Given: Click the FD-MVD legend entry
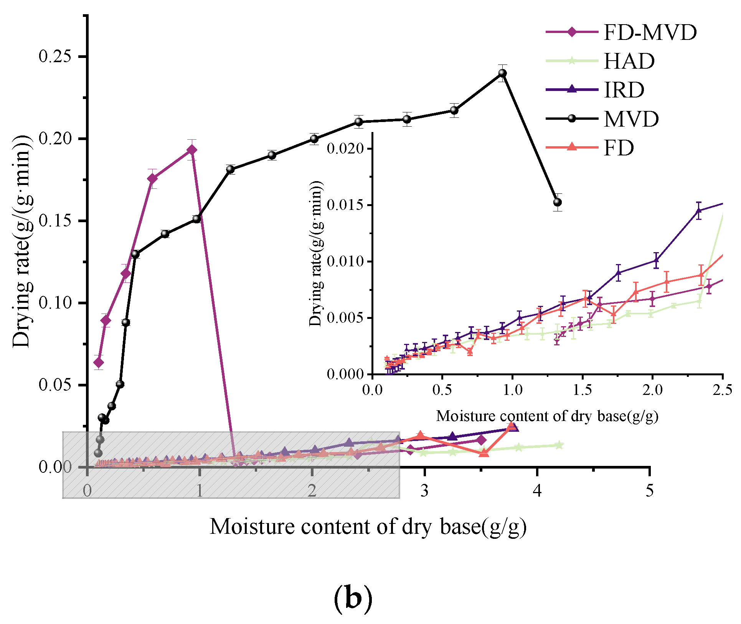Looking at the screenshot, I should point(622,32).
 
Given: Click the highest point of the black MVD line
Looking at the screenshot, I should point(502,73).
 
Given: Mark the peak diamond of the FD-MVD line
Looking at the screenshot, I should point(192,150).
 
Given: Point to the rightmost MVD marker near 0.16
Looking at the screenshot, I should point(558,202).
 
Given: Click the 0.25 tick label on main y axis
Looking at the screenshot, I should point(56,56).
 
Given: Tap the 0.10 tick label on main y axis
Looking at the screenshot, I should point(56,303).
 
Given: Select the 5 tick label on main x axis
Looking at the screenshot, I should point(649,490).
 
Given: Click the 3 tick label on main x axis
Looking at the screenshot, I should point(424,490).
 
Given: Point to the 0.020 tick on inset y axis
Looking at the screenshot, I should point(345,149).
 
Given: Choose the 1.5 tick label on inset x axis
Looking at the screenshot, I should point(583,390).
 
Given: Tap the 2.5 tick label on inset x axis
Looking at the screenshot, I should point(723,390).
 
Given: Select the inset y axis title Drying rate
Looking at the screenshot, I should point(317,253).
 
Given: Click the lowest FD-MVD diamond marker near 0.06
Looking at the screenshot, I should point(99,362).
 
